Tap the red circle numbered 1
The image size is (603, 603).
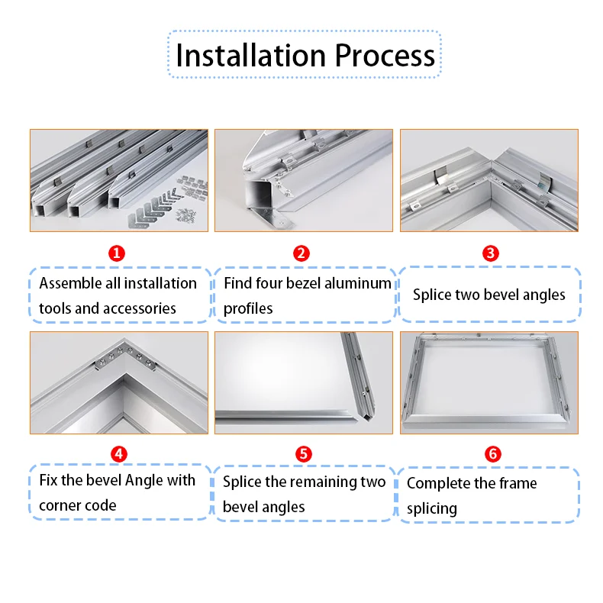click(x=118, y=253)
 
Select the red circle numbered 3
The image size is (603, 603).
click(x=491, y=253)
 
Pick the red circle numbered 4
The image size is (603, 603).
click(x=118, y=454)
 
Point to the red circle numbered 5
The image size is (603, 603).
click(x=303, y=454)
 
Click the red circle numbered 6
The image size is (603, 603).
click(x=492, y=454)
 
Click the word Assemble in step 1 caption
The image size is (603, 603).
click(x=69, y=283)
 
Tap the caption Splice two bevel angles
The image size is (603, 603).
click(x=489, y=295)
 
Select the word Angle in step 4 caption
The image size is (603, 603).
click(x=147, y=481)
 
